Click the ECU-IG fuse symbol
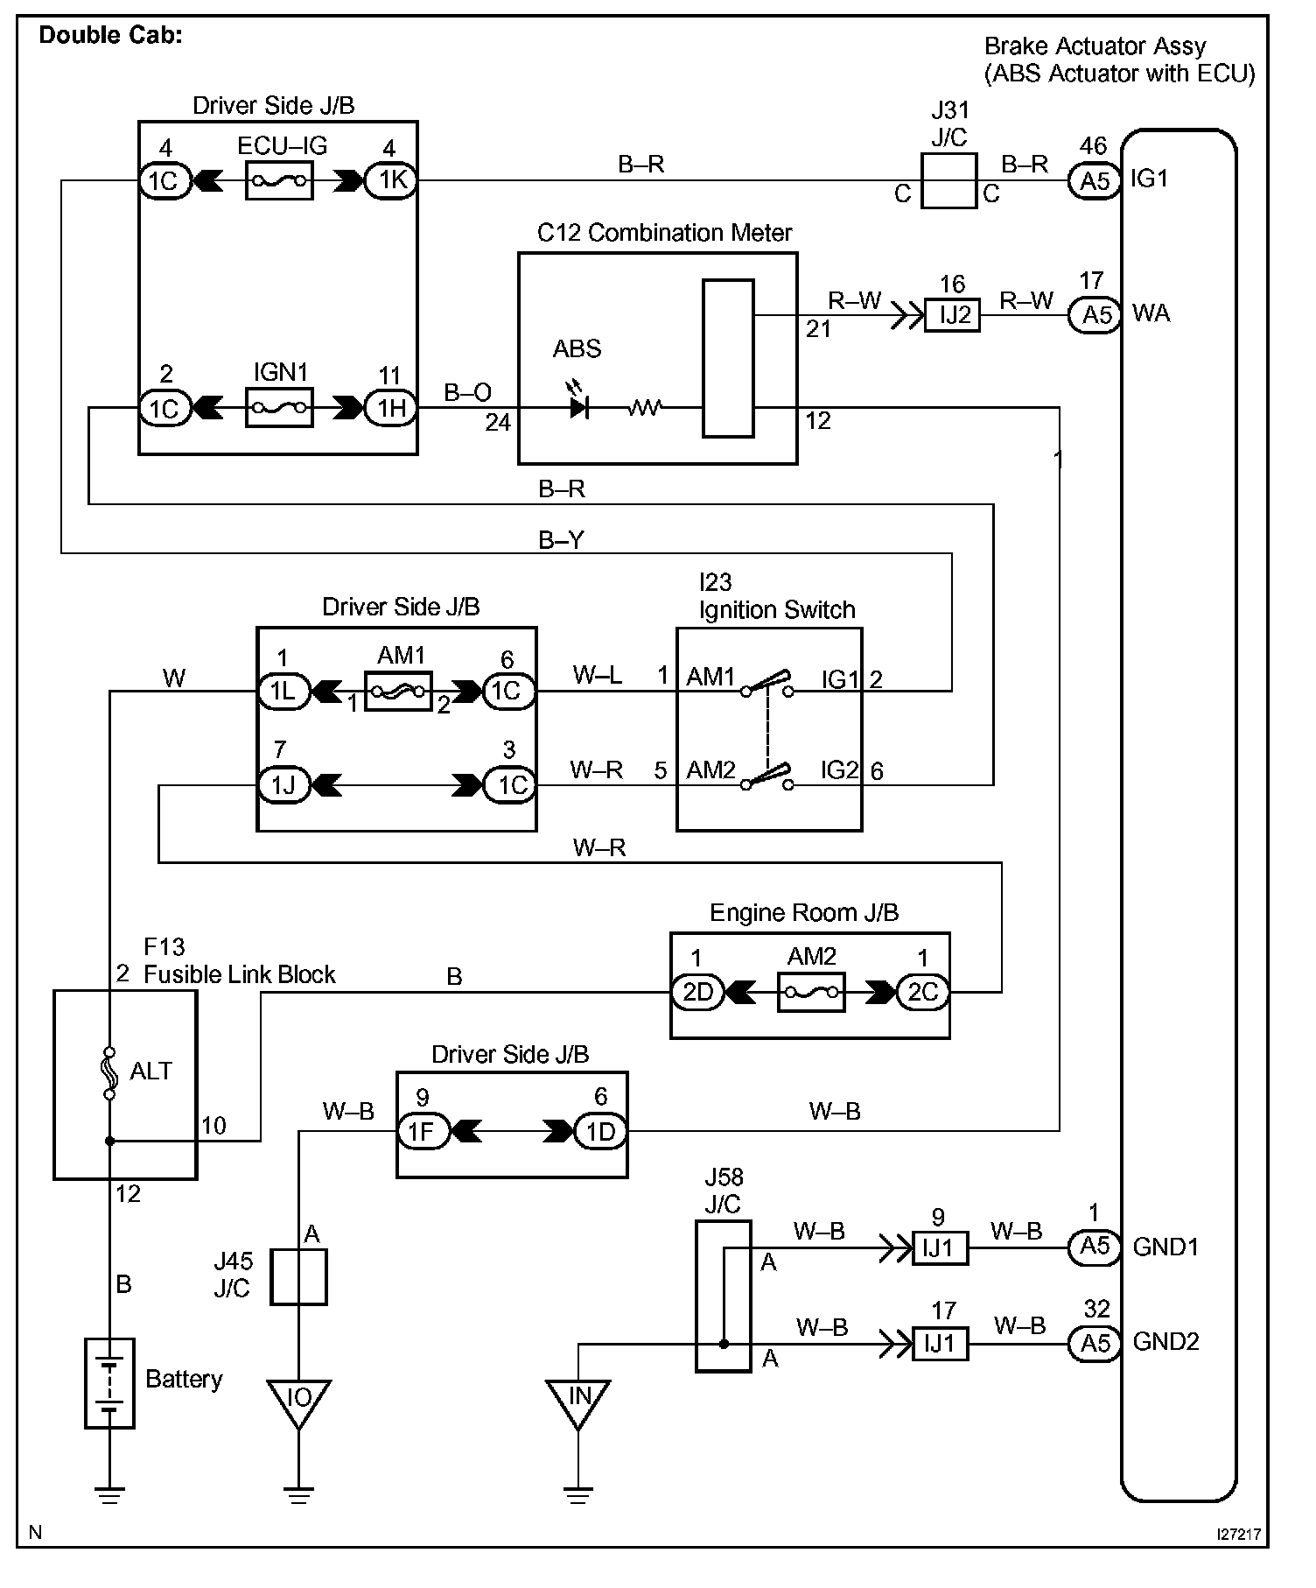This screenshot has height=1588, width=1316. pos(279,181)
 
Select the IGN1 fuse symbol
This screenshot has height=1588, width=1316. pos(279,408)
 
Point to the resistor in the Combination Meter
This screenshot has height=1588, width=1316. pos(645,407)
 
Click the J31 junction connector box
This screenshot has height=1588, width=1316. pos(948,181)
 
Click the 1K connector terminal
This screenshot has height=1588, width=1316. pos(390,181)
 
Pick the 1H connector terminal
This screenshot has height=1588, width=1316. pos(390,408)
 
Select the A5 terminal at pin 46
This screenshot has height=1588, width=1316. pos(1095,181)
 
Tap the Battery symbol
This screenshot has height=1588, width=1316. pos(109,1383)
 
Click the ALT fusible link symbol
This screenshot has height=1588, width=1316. pos(109,1071)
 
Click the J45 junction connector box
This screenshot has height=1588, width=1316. pos(298,1277)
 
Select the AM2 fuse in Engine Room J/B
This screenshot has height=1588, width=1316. pos(810,992)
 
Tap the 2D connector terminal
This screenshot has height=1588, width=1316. pos(697,992)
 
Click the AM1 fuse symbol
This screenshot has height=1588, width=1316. pos(398,692)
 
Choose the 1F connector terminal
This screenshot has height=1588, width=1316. pos(423,1131)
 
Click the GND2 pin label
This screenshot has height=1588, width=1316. pos(1165,1341)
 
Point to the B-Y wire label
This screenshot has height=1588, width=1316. pos(561,540)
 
